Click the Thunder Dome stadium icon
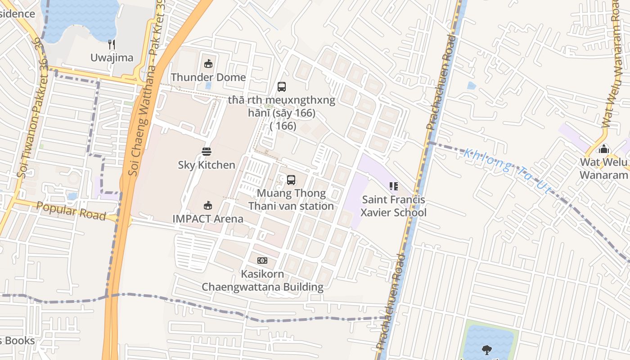pos(208,64)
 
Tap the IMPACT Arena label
pos(208,219)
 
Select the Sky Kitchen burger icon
pos(207,152)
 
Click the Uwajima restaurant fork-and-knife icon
pos(112,44)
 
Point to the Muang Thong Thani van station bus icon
pos(291,180)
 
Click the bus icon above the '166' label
pos(282,87)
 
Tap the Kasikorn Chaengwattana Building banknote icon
pos(262,261)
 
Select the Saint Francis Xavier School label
pos(394,206)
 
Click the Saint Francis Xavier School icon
pos(394,186)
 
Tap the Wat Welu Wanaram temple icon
pos(604,148)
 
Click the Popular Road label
pos(71,211)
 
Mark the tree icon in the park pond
pos(486,349)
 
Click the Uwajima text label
pos(112,58)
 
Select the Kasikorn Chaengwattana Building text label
pos(262,280)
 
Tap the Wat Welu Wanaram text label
pos(603,168)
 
